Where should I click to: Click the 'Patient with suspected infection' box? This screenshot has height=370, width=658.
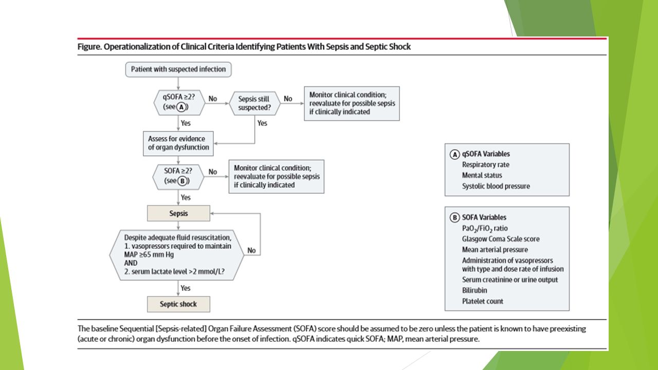click(x=178, y=69)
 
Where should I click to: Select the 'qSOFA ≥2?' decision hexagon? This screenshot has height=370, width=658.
click(x=179, y=102)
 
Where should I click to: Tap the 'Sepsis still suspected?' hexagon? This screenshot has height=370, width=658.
click(x=254, y=103)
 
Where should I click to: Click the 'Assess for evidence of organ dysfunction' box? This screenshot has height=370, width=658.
click(x=178, y=143)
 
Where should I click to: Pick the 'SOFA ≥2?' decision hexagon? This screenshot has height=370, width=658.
click(x=178, y=177)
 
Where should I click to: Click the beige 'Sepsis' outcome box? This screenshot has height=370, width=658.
click(x=178, y=213)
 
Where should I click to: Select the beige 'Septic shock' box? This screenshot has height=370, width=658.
click(x=178, y=304)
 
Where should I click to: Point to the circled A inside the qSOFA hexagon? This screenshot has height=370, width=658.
click(x=181, y=107)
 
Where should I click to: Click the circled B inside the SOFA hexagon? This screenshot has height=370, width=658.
click(x=182, y=181)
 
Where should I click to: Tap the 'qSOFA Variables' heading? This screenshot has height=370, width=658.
click(x=486, y=154)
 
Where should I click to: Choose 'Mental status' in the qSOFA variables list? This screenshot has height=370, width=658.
click(x=482, y=175)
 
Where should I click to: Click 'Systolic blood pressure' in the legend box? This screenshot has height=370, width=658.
click(x=496, y=186)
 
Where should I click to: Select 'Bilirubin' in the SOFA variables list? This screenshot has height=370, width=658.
click(x=474, y=290)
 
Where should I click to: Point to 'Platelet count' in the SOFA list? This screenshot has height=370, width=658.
click(x=483, y=301)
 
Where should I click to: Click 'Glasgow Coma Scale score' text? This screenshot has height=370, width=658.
click(x=501, y=239)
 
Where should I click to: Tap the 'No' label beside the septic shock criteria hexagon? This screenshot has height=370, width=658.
click(x=251, y=250)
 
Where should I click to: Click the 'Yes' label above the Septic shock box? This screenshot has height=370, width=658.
click(x=186, y=288)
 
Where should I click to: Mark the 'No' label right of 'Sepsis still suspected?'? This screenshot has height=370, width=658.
click(x=288, y=99)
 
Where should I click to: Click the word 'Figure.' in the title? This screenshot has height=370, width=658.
click(x=89, y=47)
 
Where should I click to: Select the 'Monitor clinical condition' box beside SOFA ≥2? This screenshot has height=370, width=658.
click(x=277, y=176)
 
